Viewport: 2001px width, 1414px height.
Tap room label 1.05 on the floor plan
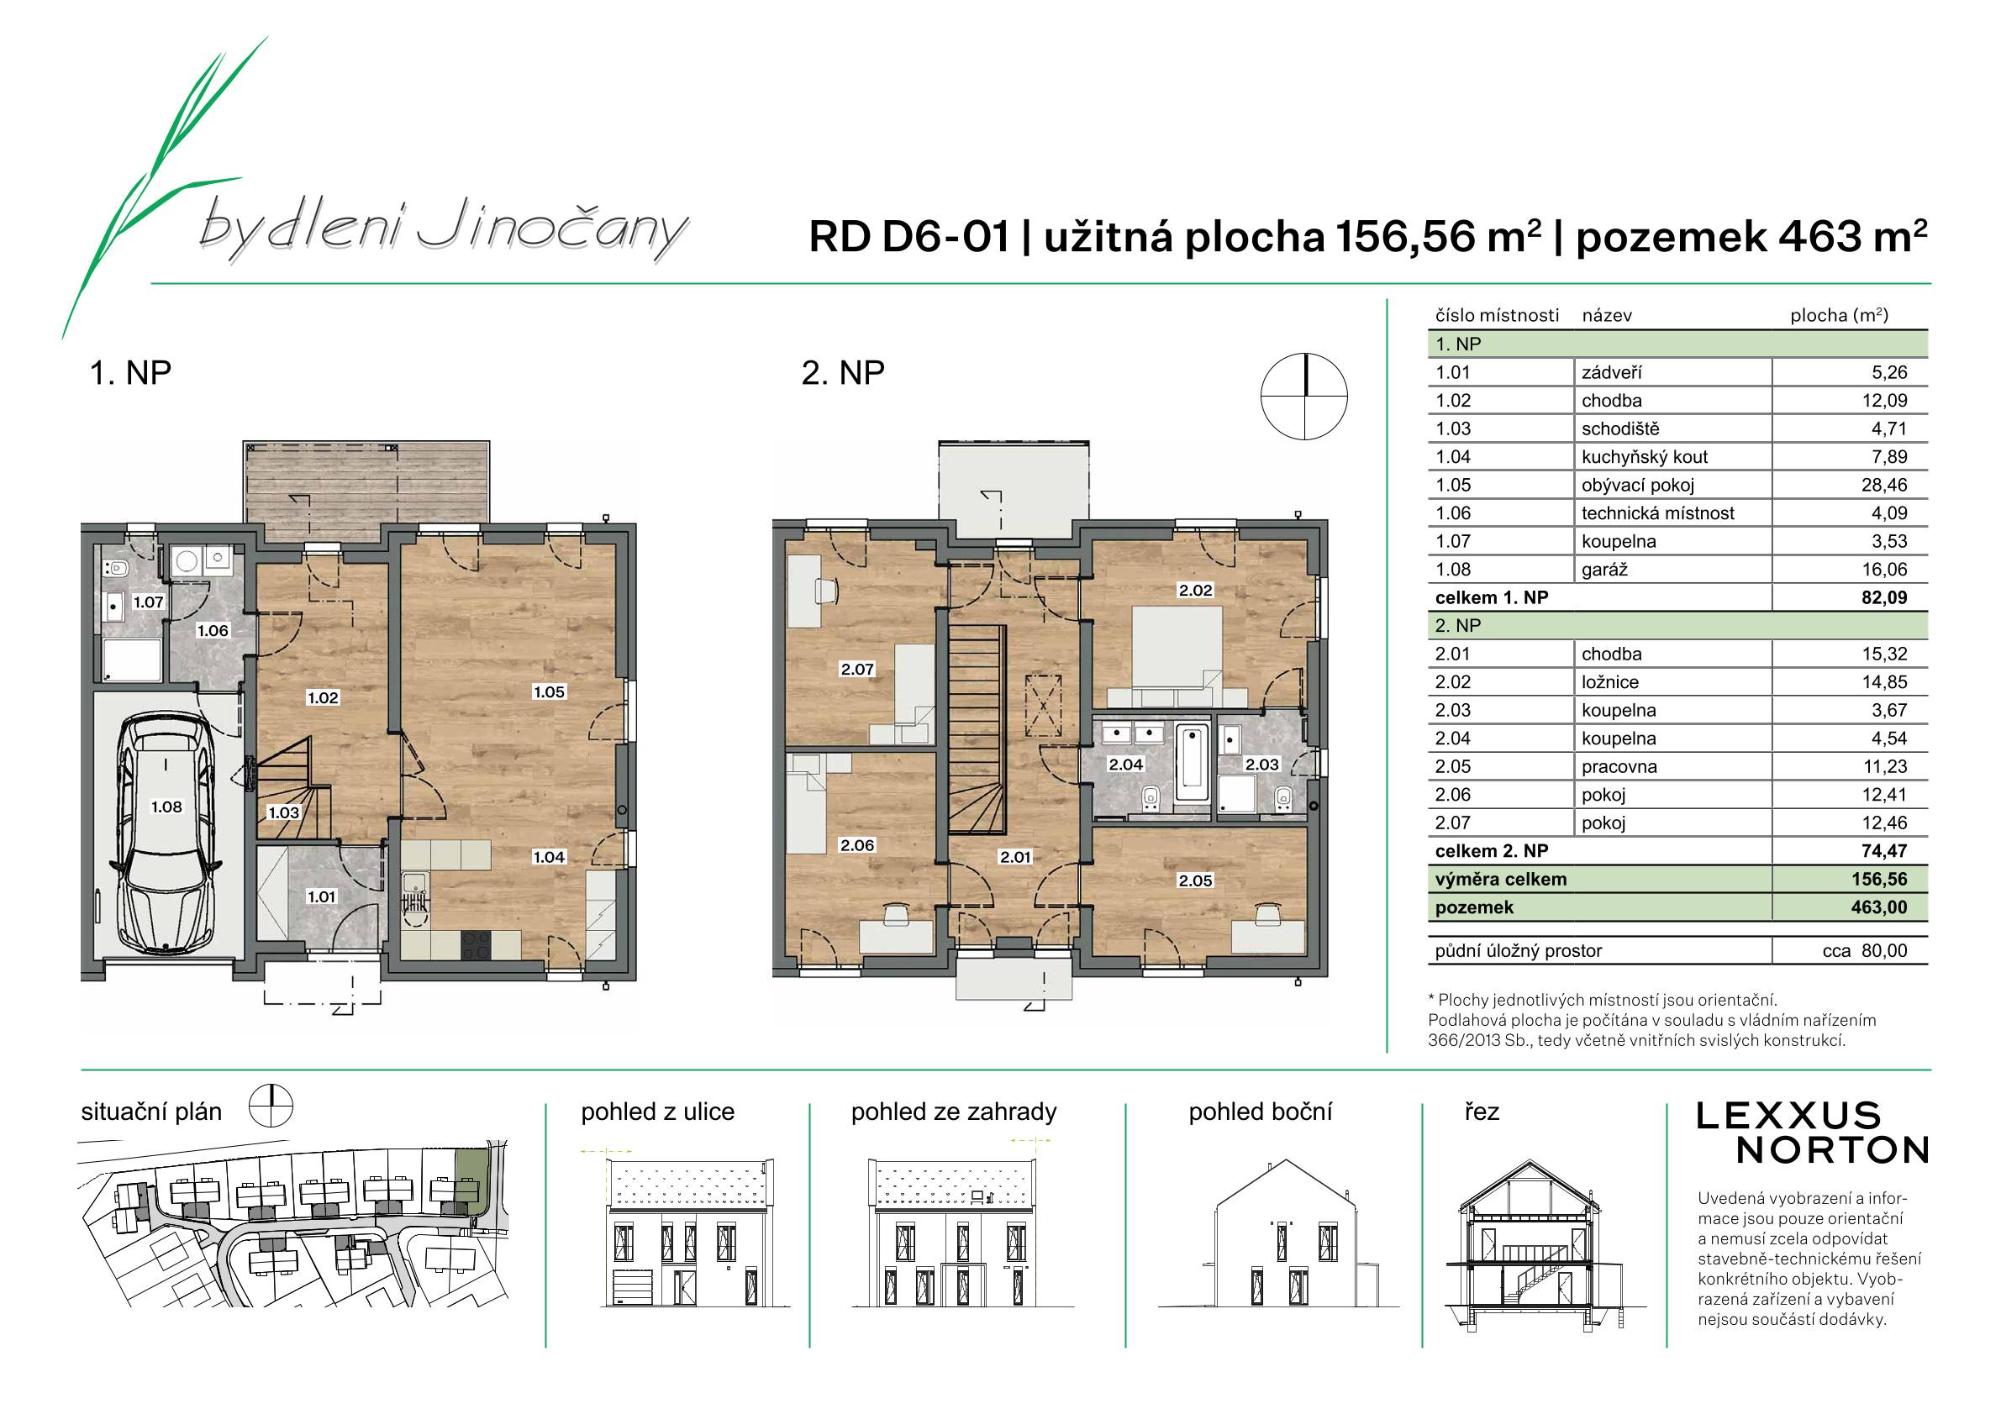pos(550,691)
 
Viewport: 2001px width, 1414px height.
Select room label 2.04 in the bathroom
pos(1125,764)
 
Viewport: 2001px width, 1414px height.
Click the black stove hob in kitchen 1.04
pos(476,944)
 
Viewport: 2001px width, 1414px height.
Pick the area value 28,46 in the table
pos(1884,486)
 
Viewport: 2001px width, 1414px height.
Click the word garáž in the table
pos(1603,570)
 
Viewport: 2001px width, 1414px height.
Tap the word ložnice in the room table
pos(1610,682)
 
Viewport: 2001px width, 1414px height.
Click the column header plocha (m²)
pos(1839,315)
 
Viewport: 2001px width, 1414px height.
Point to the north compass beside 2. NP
pos(1304,397)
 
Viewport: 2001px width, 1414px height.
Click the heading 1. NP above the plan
pos(131,373)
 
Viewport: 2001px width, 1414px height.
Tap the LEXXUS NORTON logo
pos(1812,1133)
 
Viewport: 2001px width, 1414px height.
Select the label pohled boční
pos(1261,1112)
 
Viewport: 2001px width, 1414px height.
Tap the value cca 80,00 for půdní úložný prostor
pos(1864,950)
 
